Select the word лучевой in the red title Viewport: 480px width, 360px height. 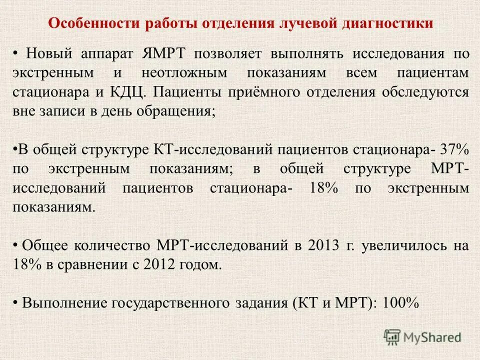coord(303,23)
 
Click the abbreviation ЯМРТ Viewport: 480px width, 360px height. coord(166,53)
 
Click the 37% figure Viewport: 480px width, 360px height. coord(454,149)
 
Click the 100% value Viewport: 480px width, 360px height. coord(400,302)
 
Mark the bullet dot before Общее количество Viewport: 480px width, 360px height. coord(15,245)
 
